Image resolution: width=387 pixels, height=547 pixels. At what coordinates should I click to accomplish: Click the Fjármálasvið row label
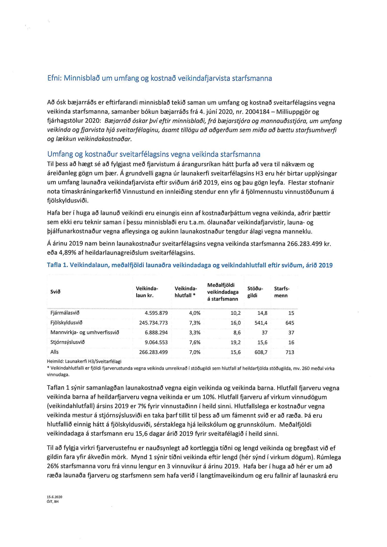pos(65,313)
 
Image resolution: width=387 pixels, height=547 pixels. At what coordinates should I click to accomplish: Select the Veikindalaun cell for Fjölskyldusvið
pos(153,323)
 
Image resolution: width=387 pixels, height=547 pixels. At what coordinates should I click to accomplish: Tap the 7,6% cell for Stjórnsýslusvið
pos(195,342)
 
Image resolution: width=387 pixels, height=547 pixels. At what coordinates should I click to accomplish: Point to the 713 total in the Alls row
pos(290,352)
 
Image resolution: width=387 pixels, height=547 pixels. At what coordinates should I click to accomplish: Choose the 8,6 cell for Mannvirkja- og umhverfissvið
pos(237,333)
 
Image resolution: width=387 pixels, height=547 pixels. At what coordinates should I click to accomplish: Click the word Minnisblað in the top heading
pos(82,78)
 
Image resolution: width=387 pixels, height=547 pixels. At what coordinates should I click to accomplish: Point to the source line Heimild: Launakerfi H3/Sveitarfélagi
pos(84,362)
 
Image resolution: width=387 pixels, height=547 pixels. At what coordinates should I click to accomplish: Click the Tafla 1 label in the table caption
pos(57,265)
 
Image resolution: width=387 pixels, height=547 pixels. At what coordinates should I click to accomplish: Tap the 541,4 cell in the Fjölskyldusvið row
pos(261,323)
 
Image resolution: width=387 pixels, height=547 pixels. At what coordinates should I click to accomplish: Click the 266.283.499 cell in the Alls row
pos(153,352)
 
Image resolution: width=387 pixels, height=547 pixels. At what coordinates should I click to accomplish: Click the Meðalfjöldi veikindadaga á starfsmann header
pos(223,292)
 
